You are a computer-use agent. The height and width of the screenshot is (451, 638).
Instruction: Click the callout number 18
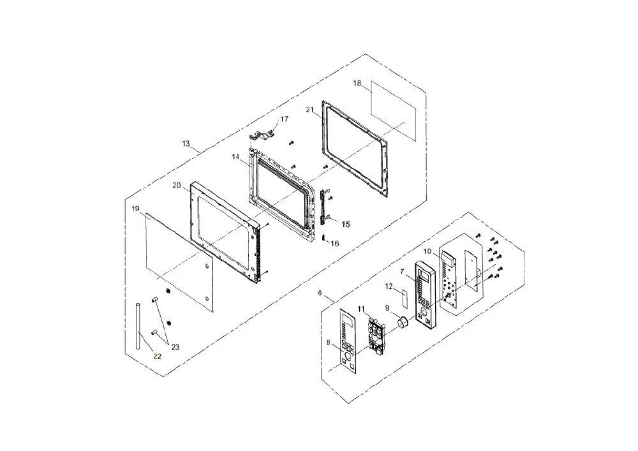point(357,84)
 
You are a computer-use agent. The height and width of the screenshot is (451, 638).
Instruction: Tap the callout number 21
point(310,110)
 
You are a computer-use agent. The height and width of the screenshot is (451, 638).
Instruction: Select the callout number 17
point(285,119)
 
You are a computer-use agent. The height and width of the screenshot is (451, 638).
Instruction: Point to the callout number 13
point(186,144)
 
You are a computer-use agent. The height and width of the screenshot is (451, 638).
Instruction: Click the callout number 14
point(236,156)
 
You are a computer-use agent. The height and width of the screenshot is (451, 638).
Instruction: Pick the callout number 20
point(177,186)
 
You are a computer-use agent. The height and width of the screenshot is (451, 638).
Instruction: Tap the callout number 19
point(135,209)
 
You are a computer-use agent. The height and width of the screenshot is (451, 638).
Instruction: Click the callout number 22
point(158,356)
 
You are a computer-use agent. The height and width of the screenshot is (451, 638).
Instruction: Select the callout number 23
point(175,347)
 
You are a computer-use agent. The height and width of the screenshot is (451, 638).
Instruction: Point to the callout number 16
point(334,244)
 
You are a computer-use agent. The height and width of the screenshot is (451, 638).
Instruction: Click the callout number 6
point(320,293)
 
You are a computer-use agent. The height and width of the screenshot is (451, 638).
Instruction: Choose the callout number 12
point(389,286)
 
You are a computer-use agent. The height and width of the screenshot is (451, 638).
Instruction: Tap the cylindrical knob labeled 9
point(403,322)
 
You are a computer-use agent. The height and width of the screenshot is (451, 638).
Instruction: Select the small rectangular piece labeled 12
point(404,298)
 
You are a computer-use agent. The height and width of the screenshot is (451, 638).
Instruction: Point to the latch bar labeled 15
point(325,207)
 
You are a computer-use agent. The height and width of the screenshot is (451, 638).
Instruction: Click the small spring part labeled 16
point(324,238)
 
